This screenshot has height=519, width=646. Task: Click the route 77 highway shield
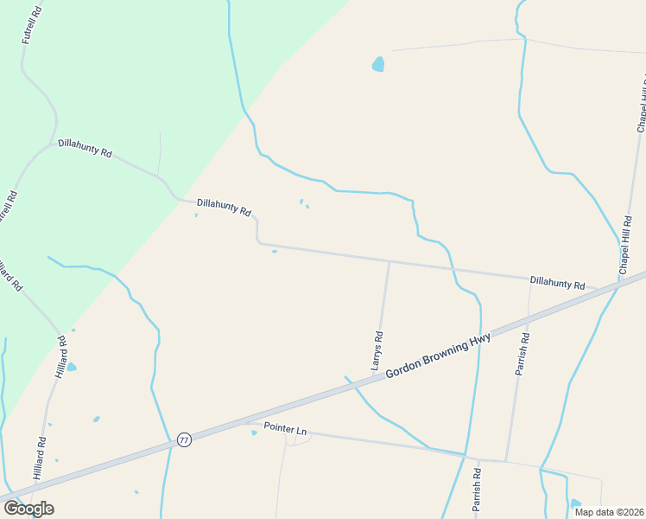pyautogui.click(x=184, y=439)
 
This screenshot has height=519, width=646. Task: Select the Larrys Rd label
pyautogui.click(x=377, y=350)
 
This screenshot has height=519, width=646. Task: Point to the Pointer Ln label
pyautogui.click(x=285, y=429)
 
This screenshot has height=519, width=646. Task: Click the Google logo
pyautogui.click(x=28, y=509)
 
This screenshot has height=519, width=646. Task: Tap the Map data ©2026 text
pyautogui.click(x=608, y=512)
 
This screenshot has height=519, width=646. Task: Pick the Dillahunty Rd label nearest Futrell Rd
pyautogui.click(x=85, y=148)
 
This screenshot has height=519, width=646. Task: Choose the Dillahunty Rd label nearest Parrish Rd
pyautogui.click(x=557, y=283)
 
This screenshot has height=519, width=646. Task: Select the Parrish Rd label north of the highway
pyautogui.click(x=522, y=355)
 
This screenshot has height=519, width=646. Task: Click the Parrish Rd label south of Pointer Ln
pyautogui.click(x=476, y=490)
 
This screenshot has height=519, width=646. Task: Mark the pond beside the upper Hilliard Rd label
pyautogui.click(x=72, y=368)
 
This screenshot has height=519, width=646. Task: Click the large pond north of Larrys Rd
pyautogui.click(x=377, y=64)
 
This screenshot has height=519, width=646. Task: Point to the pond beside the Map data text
pyautogui.click(x=576, y=503)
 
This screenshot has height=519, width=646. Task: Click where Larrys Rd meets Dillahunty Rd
pyautogui.click(x=389, y=262)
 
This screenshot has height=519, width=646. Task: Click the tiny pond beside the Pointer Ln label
pyautogui.click(x=254, y=433)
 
